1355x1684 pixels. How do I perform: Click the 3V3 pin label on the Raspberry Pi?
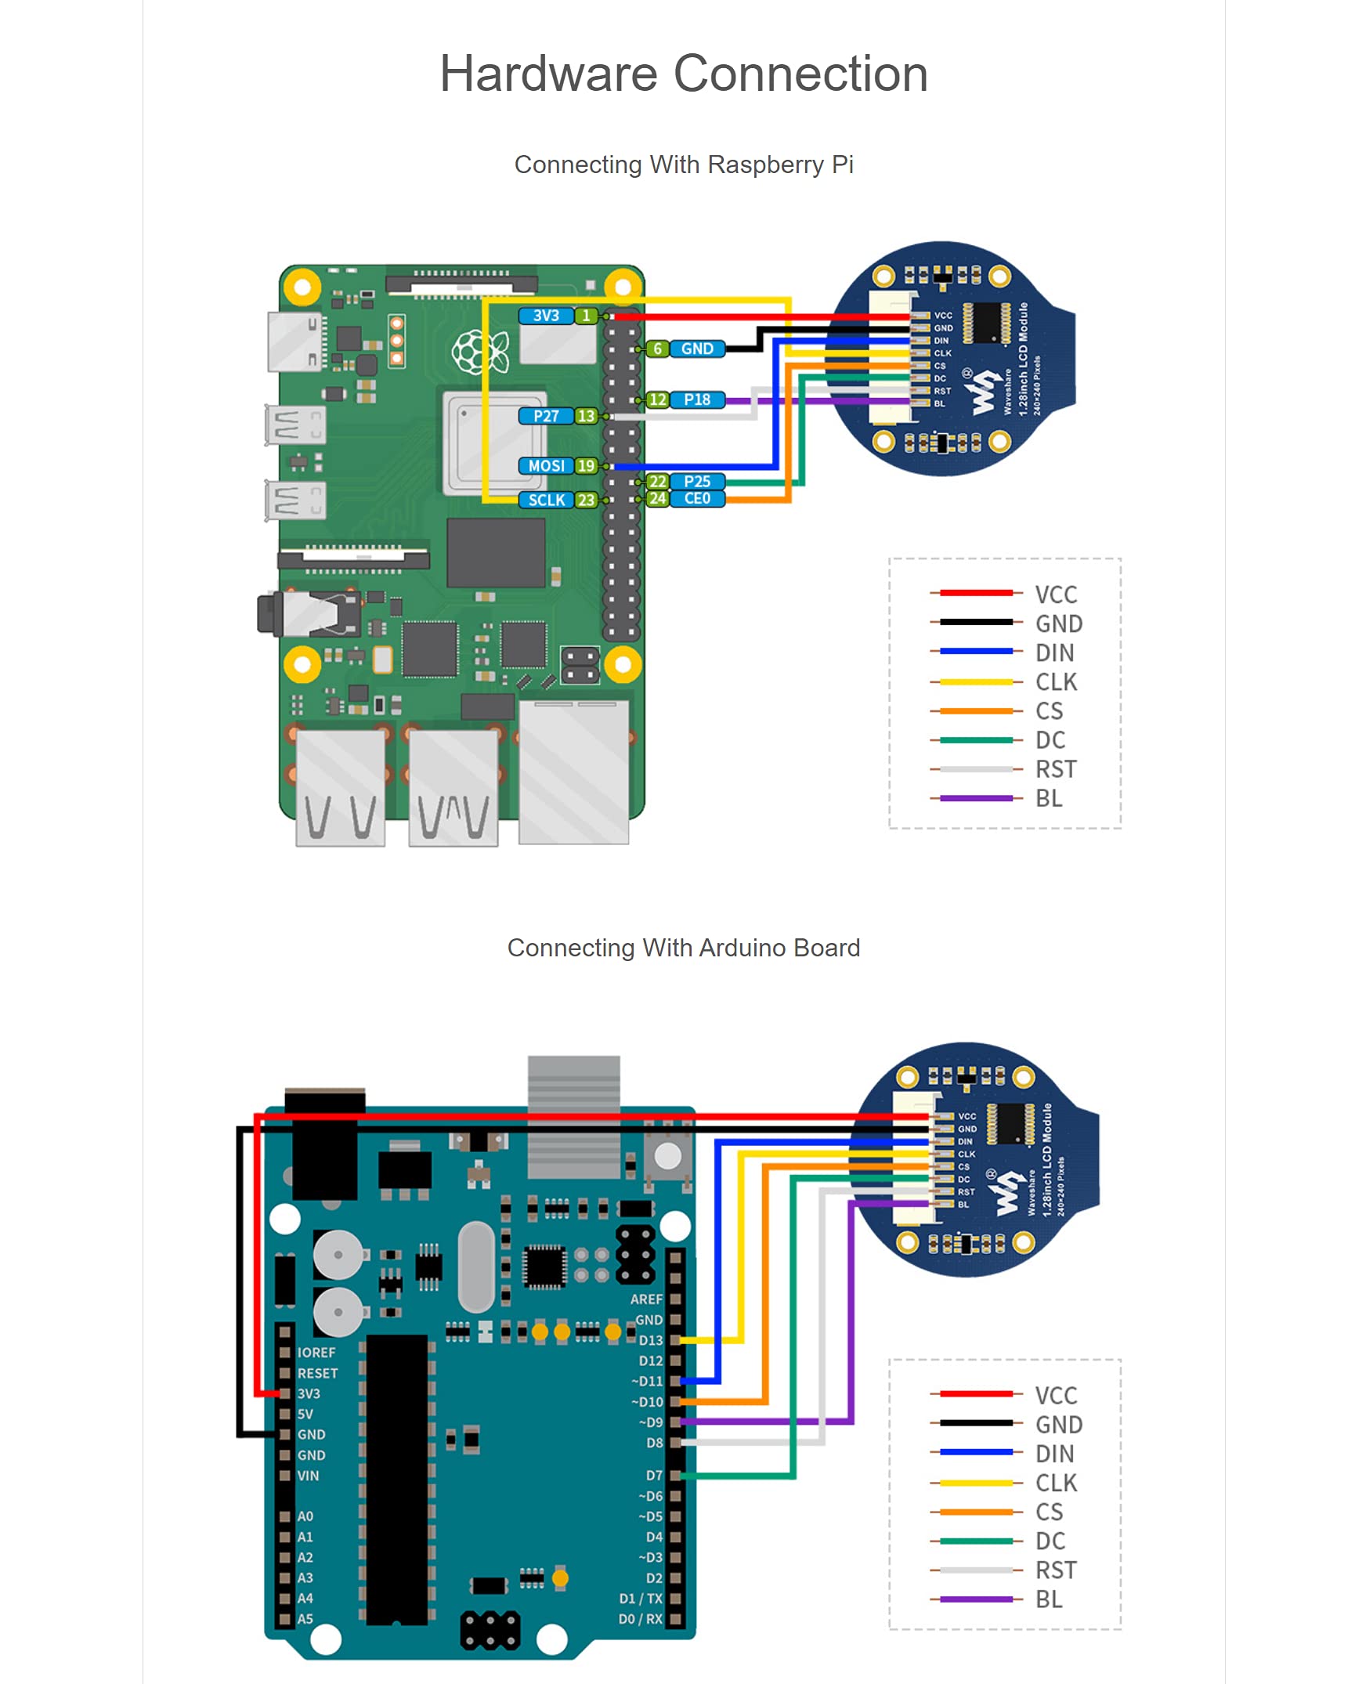[546, 316]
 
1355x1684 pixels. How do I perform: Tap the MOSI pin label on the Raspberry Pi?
[546, 466]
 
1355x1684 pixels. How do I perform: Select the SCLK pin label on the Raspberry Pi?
[546, 500]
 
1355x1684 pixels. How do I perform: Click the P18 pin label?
[697, 399]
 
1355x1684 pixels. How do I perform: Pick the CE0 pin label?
[697, 498]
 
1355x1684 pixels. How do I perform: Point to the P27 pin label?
[546, 416]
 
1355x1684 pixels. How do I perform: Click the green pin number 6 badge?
[658, 349]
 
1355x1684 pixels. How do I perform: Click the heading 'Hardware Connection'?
[683, 74]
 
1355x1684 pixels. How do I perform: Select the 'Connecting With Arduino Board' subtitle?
[683, 948]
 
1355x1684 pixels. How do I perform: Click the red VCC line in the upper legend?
[976, 593]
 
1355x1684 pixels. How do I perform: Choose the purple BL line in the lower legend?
[976, 1599]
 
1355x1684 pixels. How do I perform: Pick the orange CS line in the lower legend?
[976, 1512]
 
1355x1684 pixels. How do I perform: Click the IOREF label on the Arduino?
[316, 1353]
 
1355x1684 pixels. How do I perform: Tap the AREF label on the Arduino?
[646, 1299]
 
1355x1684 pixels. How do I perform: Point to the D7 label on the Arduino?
[654, 1476]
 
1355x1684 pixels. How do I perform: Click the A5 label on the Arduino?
[305, 1619]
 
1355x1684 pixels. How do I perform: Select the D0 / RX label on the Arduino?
[640, 1619]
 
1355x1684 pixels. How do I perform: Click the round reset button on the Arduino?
[667, 1155]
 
